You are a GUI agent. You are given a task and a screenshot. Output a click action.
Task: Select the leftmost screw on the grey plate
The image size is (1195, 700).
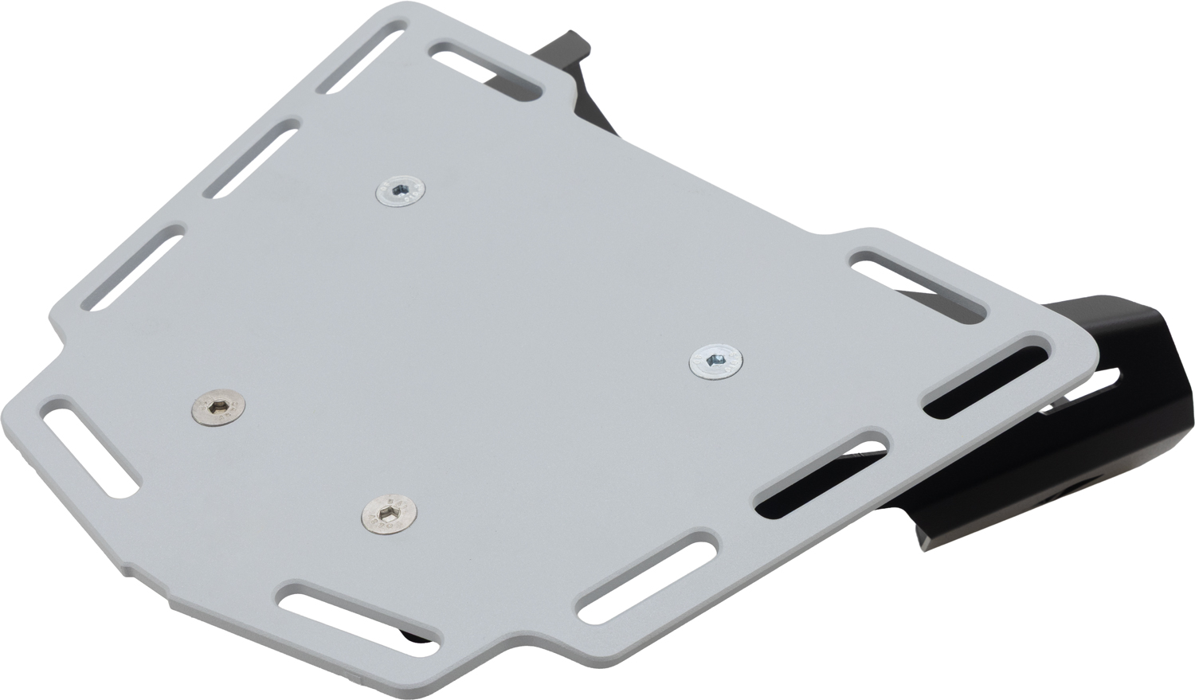tap(218, 409)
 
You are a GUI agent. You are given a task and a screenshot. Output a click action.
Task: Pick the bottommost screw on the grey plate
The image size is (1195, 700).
tap(388, 512)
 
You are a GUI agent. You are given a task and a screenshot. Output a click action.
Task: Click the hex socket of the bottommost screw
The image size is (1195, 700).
tap(388, 511)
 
